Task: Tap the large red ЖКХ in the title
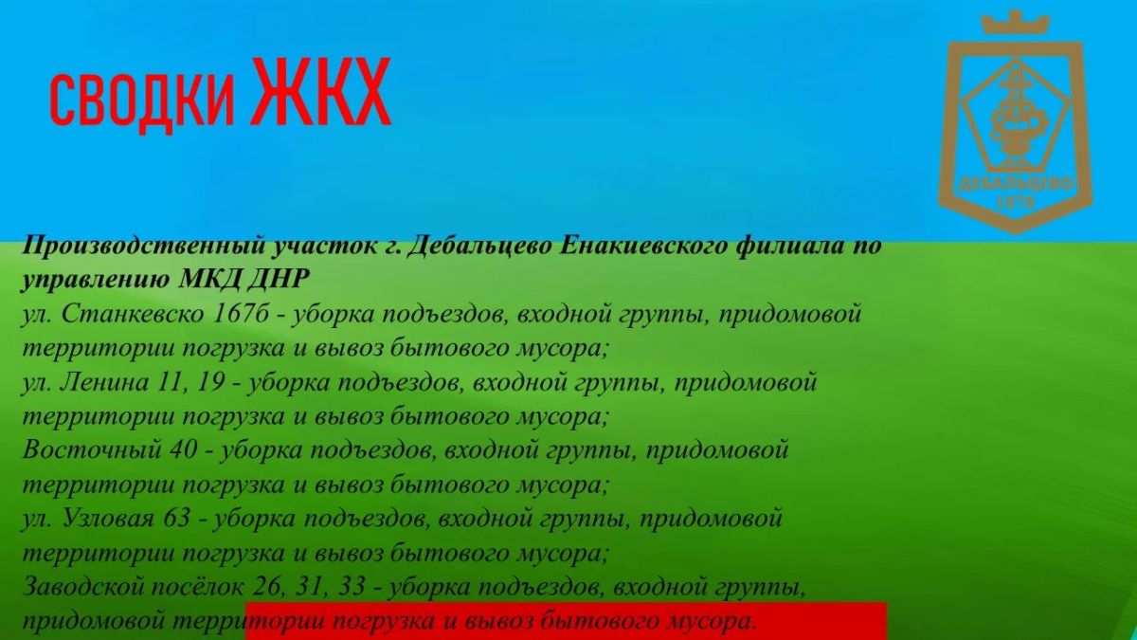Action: (322, 91)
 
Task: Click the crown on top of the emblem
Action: (1015, 24)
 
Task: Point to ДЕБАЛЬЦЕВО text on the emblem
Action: (1015, 184)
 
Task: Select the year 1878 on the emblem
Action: (1015, 203)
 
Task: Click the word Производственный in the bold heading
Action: (144, 247)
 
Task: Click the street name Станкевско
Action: (133, 314)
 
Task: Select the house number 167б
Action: (241, 314)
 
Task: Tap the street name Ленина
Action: (104, 382)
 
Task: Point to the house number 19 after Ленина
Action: (209, 382)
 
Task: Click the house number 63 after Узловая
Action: (176, 519)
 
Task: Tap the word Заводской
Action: (82, 587)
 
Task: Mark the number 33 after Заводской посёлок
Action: (351, 587)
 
